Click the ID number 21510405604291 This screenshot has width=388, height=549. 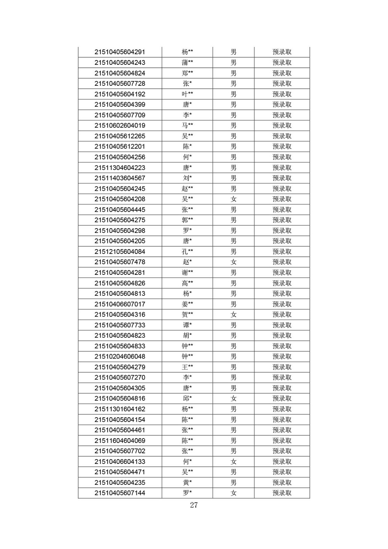pyautogui.click(x=120, y=52)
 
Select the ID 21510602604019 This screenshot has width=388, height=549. pyautogui.click(x=120, y=126)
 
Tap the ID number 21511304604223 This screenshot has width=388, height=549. pyautogui.click(x=120, y=168)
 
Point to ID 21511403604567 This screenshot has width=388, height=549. pyautogui.click(x=120, y=178)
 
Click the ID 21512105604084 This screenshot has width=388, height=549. pyautogui.click(x=120, y=252)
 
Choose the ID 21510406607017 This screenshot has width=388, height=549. pyautogui.click(x=120, y=304)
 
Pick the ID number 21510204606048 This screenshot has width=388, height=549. pyautogui.click(x=120, y=357)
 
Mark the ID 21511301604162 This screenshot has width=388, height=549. pyautogui.click(x=120, y=409)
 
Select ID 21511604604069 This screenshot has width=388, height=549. pyautogui.click(x=120, y=441)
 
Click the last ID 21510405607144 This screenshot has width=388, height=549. pyautogui.click(x=120, y=493)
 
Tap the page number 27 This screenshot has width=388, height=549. pyautogui.click(x=194, y=505)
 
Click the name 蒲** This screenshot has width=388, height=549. pyautogui.click(x=187, y=62)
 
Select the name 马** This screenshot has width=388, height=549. pyautogui.click(x=187, y=126)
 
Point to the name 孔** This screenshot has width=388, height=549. pyautogui.click(x=187, y=252)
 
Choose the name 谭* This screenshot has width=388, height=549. pyautogui.click(x=187, y=325)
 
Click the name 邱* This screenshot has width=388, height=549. pyautogui.click(x=187, y=398)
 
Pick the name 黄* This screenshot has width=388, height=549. pyautogui.click(x=187, y=482)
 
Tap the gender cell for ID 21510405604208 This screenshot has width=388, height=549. pyautogui.click(x=234, y=199)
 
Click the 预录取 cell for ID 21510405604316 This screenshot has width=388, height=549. pyautogui.click(x=282, y=315)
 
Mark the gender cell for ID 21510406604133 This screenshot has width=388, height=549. pyautogui.click(x=234, y=462)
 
